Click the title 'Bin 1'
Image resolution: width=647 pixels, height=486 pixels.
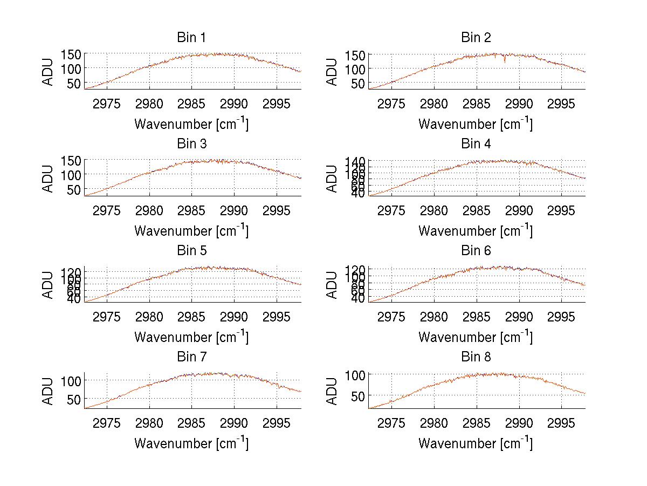pyautogui.click(x=191, y=38)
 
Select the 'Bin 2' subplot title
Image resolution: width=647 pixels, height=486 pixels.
pyautogui.click(x=476, y=38)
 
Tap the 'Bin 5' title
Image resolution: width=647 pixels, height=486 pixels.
pyautogui.click(x=191, y=251)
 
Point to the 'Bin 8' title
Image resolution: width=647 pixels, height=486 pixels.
pyautogui.click(x=476, y=357)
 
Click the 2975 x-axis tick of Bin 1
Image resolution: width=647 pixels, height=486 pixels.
pyautogui.click(x=107, y=104)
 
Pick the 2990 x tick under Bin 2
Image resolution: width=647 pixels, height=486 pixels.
pyautogui.click(x=519, y=104)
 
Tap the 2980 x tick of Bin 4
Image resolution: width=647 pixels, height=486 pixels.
pyautogui.click(x=434, y=210)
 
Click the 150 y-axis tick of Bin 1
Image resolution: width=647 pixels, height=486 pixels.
pyautogui.click(x=71, y=54)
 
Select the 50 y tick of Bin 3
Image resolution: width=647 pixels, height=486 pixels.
pyautogui.click(x=74, y=189)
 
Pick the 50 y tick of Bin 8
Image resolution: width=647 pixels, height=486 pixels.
pyautogui.click(x=359, y=395)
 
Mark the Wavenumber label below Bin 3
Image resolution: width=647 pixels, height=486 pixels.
pyautogui.click(x=191, y=231)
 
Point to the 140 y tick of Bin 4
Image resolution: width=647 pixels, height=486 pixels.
pyautogui.click(x=356, y=161)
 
